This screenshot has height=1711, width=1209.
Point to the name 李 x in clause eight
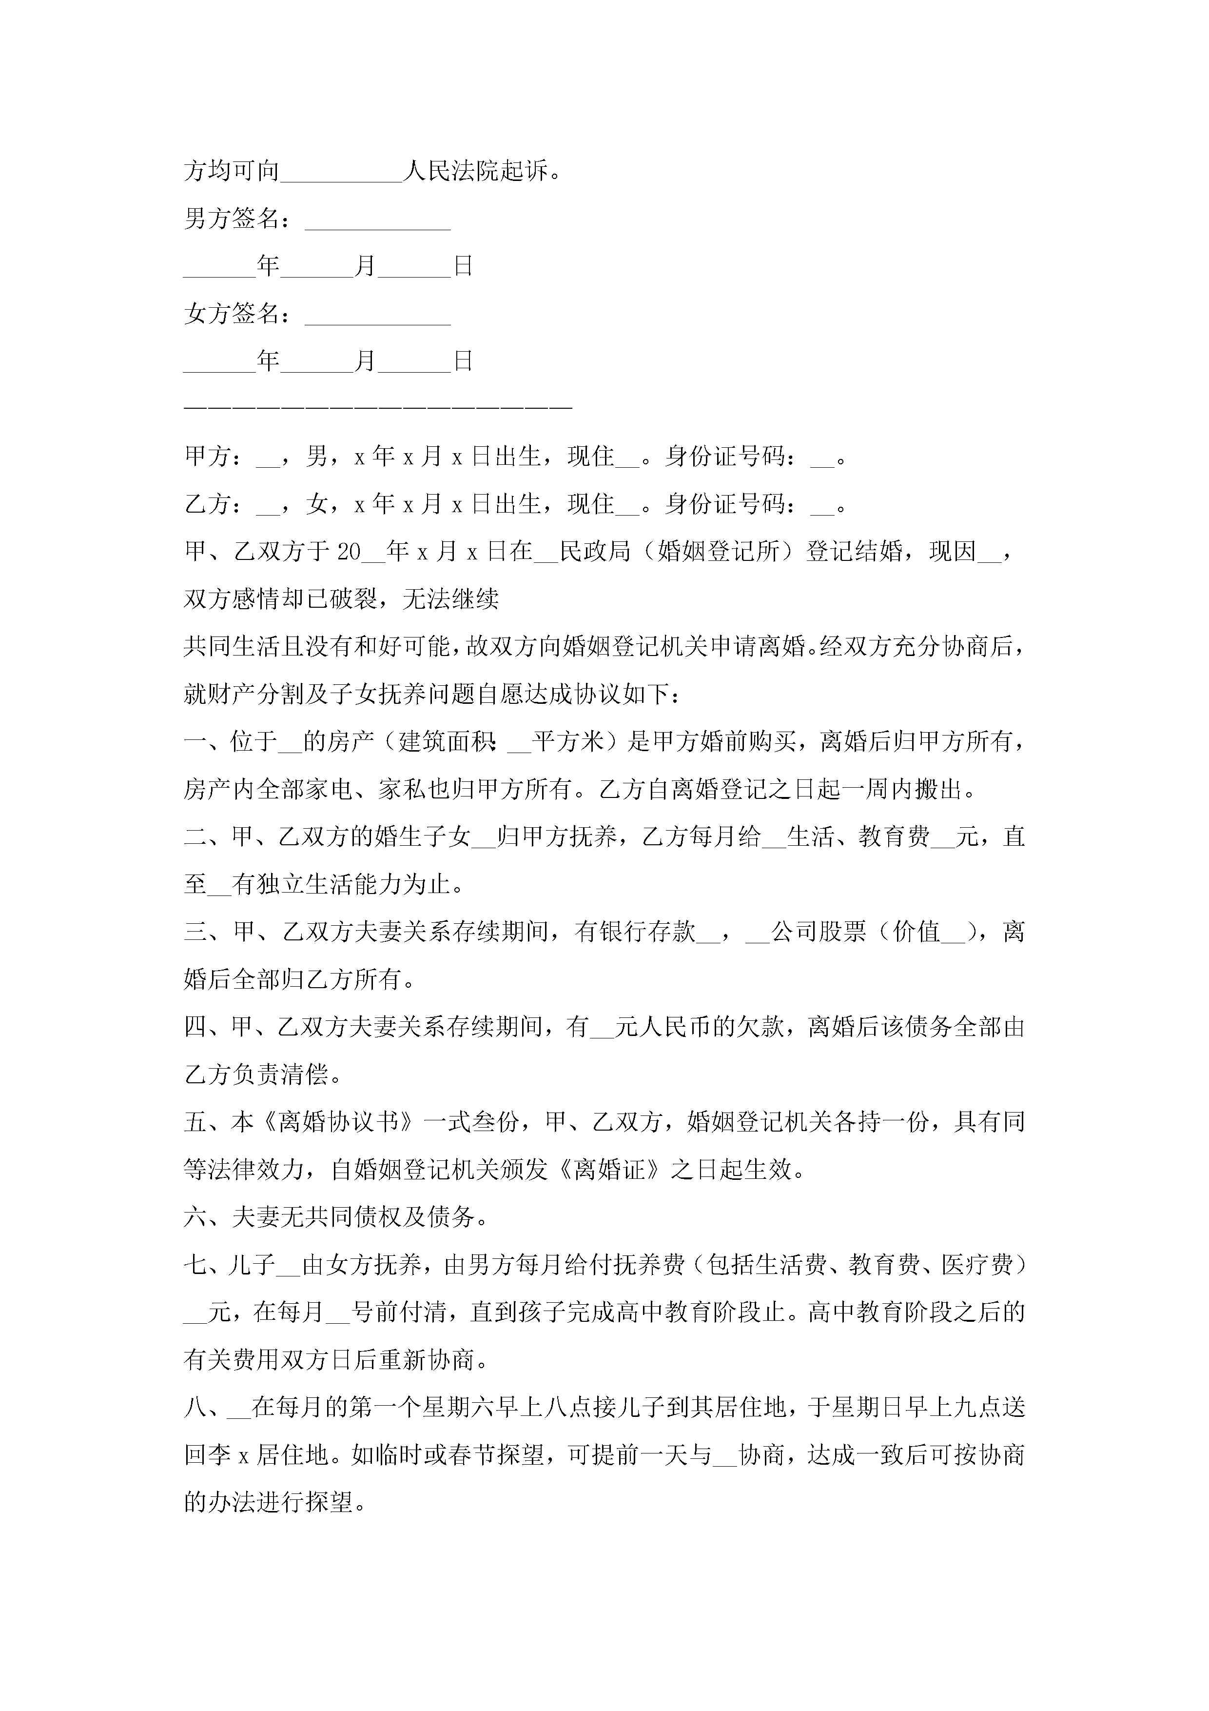[x=232, y=1454]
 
